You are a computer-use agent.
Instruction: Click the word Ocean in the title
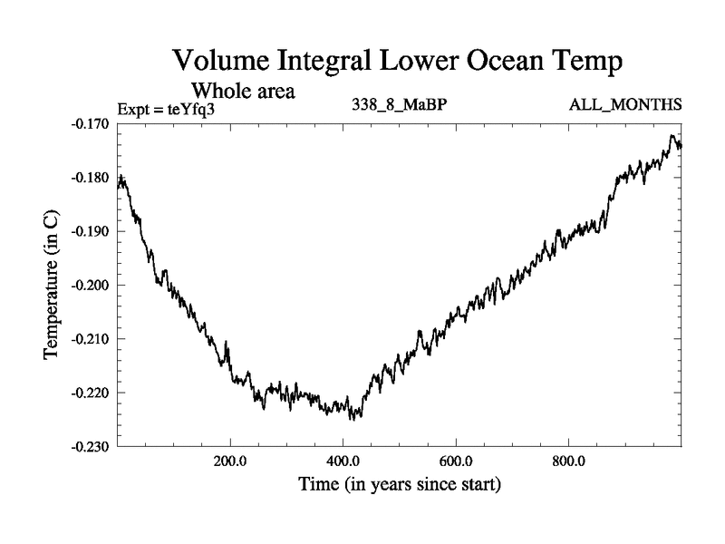[492, 63]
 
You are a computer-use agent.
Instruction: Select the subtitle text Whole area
[244, 91]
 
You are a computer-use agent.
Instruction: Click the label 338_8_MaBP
[399, 104]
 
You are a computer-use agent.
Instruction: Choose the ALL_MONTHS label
[625, 105]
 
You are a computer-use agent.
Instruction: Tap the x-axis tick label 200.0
[230, 461]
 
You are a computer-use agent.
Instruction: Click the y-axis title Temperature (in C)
[53, 285]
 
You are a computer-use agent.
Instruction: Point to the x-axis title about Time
[400, 484]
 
